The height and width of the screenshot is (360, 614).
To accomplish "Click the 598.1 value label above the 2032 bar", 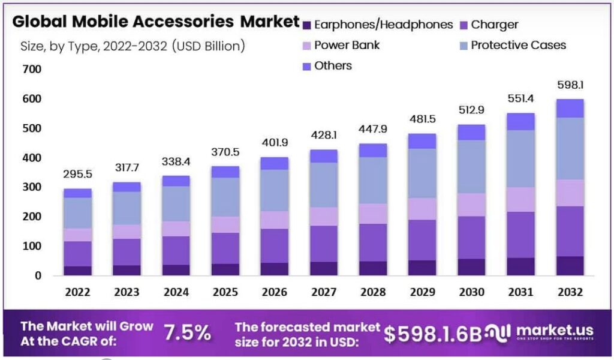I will [570, 85].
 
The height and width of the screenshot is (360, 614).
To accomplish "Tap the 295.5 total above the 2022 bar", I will [78, 175].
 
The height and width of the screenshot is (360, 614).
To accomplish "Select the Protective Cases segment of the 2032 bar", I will [570, 148].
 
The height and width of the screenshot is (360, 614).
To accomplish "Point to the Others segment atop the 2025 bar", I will [225, 172].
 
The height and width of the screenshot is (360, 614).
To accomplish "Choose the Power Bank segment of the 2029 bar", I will [422, 209].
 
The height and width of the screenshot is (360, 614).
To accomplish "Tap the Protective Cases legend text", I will [518, 45].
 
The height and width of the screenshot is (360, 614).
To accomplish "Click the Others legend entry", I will [333, 65].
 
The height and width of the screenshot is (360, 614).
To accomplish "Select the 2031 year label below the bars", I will [520, 292].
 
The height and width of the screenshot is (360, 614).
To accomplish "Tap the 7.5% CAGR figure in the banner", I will [188, 332].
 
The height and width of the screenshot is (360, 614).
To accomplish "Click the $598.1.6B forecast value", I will [433, 334].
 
